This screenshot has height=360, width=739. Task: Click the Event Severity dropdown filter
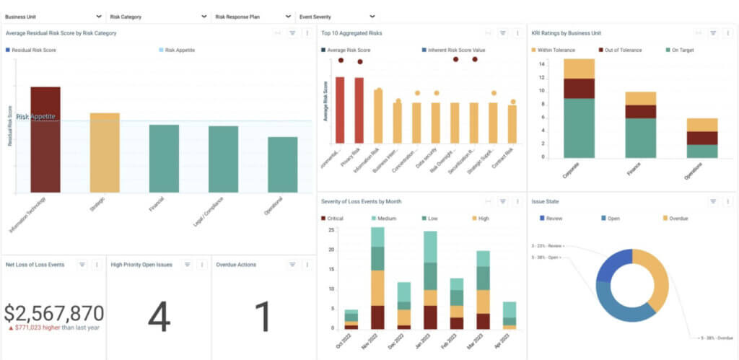point(336,16)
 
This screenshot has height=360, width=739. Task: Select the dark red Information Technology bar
point(45,140)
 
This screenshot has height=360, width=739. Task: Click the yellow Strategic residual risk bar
point(105,153)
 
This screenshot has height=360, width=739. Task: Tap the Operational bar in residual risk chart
point(282,165)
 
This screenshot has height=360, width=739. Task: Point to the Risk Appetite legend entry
point(180,51)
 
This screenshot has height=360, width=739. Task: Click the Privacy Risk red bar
point(359,110)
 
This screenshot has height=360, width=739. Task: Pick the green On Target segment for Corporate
point(579,128)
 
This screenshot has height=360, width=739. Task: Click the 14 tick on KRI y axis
point(541,64)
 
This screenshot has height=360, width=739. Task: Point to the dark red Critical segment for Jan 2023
point(430,317)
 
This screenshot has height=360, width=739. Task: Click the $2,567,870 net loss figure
point(53,313)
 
